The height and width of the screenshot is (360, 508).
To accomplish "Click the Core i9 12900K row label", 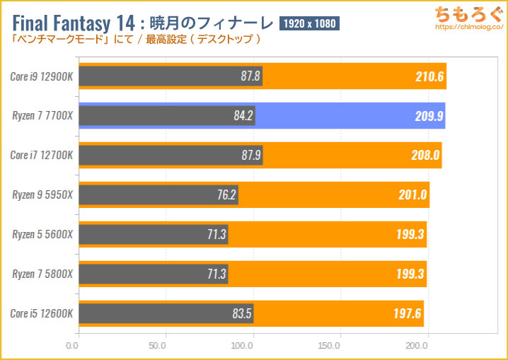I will click(40, 76).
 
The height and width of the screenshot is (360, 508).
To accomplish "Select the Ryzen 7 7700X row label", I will click(40, 115).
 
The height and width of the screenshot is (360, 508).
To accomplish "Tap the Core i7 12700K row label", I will click(40, 155).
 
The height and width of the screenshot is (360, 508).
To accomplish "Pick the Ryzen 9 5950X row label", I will click(40, 194).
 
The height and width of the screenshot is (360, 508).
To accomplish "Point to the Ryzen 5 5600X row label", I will click(40, 233).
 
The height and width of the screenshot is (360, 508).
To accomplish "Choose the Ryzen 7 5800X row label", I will click(40, 273).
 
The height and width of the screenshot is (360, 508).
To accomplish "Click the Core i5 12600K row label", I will click(40, 313).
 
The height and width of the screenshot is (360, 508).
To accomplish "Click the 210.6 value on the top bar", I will click(429, 76).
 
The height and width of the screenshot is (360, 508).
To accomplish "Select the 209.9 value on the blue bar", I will click(429, 116).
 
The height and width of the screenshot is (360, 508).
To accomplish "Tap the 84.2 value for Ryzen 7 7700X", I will click(239, 116).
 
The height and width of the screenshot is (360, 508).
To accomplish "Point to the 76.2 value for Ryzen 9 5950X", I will click(222, 194).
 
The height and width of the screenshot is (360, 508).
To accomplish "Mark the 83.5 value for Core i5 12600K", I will click(238, 313).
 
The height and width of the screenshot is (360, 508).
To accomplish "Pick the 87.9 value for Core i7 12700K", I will click(247, 155).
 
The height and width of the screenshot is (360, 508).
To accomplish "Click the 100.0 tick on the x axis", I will click(244, 347).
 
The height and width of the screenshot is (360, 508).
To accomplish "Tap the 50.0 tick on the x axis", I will click(158, 347).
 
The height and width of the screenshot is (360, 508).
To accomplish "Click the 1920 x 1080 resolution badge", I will click(310, 23).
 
